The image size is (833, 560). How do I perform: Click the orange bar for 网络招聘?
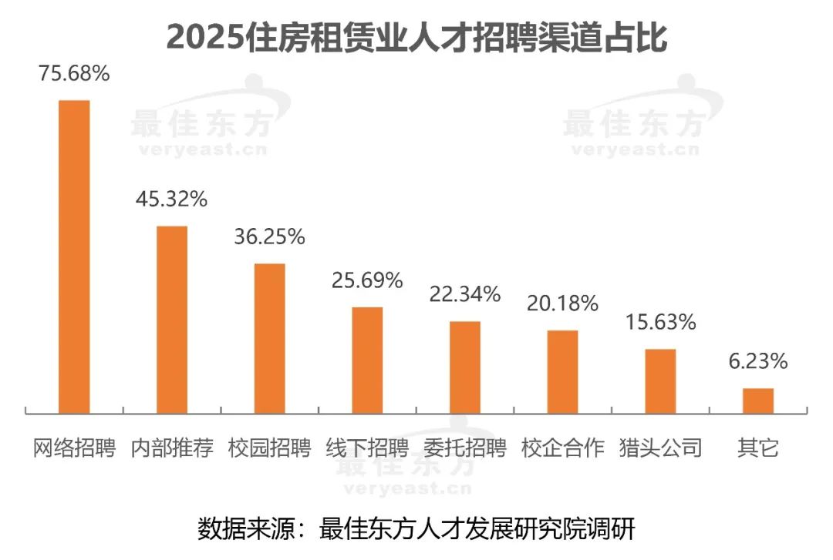pos(75,257)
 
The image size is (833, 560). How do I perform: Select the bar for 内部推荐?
pos(172,320)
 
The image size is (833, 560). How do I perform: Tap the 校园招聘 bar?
pos(270,338)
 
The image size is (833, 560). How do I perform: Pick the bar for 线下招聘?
pos(367,360)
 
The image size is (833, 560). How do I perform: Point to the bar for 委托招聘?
pos(465,367)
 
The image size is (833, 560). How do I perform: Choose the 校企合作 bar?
pos(562,372)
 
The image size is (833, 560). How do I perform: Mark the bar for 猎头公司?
pos(660,381)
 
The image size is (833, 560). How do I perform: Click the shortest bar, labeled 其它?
pos(757,401)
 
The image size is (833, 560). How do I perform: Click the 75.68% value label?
pos(75,75)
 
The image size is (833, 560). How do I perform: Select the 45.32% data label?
pos(172,200)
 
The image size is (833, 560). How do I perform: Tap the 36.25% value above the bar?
pos(270,237)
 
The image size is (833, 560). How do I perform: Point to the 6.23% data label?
pos(757,361)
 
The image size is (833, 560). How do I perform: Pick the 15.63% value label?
pos(660,322)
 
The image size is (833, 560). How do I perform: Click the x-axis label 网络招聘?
pos(75,448)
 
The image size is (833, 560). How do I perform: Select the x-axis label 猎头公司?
pos(660,448)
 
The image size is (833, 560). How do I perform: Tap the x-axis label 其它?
pos(757,448)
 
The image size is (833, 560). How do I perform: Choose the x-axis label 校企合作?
pos(562,448)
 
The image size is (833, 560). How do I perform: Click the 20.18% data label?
pos(562,303)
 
